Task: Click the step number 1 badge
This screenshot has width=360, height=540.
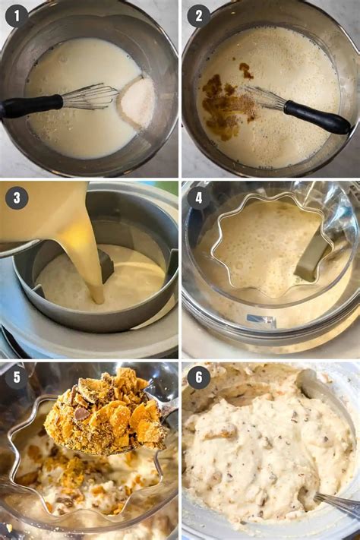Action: tap(17, 16)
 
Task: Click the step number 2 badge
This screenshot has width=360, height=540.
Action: tap(199, 16)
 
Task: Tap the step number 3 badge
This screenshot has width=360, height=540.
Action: tap(17, 198)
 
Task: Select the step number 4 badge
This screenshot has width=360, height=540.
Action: tap(199, 198)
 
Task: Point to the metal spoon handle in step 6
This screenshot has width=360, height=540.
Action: tap(338, 502)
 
